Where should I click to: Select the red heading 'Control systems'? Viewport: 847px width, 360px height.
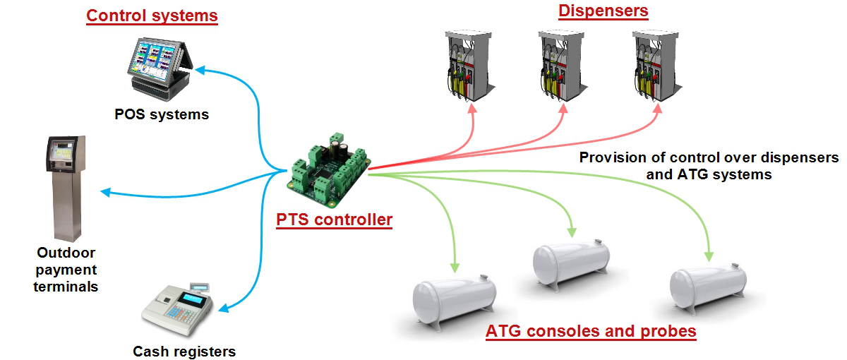(152, 15)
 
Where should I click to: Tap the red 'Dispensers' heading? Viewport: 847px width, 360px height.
(603, 11)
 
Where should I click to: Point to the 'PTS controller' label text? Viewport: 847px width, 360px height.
(334, 220)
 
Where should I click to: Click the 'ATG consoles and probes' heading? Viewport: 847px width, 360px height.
(591, 331)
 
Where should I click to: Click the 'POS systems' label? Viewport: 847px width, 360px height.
(162, 114)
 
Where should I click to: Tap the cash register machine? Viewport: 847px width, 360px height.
(176, 311)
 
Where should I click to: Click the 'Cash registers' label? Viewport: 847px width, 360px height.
(184, 351)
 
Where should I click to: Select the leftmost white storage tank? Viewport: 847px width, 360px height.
(454, 300)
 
